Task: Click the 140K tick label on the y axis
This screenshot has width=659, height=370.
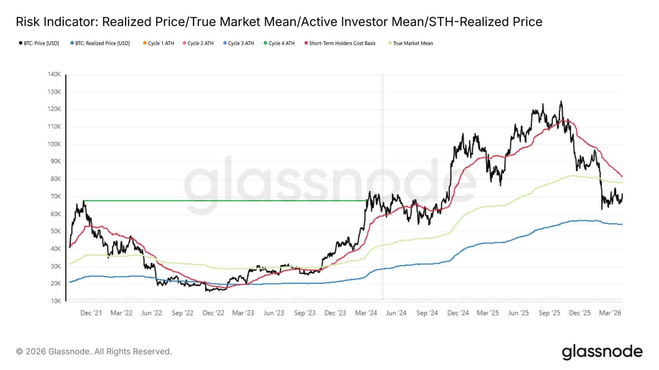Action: coord(54,74)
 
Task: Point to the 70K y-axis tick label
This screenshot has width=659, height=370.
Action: coord(55,197)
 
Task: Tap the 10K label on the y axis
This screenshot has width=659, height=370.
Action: coord(55,301)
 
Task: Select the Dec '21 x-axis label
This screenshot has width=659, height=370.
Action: coord(91,313)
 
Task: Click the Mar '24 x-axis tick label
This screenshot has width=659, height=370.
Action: coord(366,313)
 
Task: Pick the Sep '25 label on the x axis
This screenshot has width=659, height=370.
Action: coord(549,313)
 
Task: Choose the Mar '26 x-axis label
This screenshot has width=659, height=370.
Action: coord(610,313)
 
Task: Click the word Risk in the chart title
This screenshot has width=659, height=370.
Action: coord(27,22)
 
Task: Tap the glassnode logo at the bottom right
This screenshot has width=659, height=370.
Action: coord(602,352)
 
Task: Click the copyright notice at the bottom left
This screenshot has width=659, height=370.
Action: coord(94,351)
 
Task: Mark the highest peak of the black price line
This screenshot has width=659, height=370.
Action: coord(561,102)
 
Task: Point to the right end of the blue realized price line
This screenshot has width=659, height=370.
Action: coord(622,224)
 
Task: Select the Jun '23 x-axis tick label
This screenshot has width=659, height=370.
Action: coord(274,313)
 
